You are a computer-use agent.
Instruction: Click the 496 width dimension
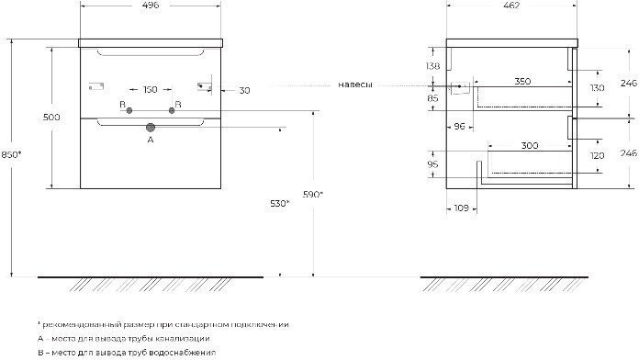tap(151, 6)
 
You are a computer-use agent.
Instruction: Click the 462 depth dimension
tap(512, 6)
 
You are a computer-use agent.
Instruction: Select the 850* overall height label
tap(11, 154)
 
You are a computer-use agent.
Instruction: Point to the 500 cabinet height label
tap(51, 118)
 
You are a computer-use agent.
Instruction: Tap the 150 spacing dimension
tap(151, 89)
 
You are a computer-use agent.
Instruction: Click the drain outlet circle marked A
tap(151, 128)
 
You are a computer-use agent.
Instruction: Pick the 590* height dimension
tap(312, 195)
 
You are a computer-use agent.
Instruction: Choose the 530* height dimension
tap(279, 204)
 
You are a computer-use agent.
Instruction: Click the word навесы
tap(355, 84)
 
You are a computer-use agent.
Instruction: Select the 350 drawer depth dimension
tap(522, 81)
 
